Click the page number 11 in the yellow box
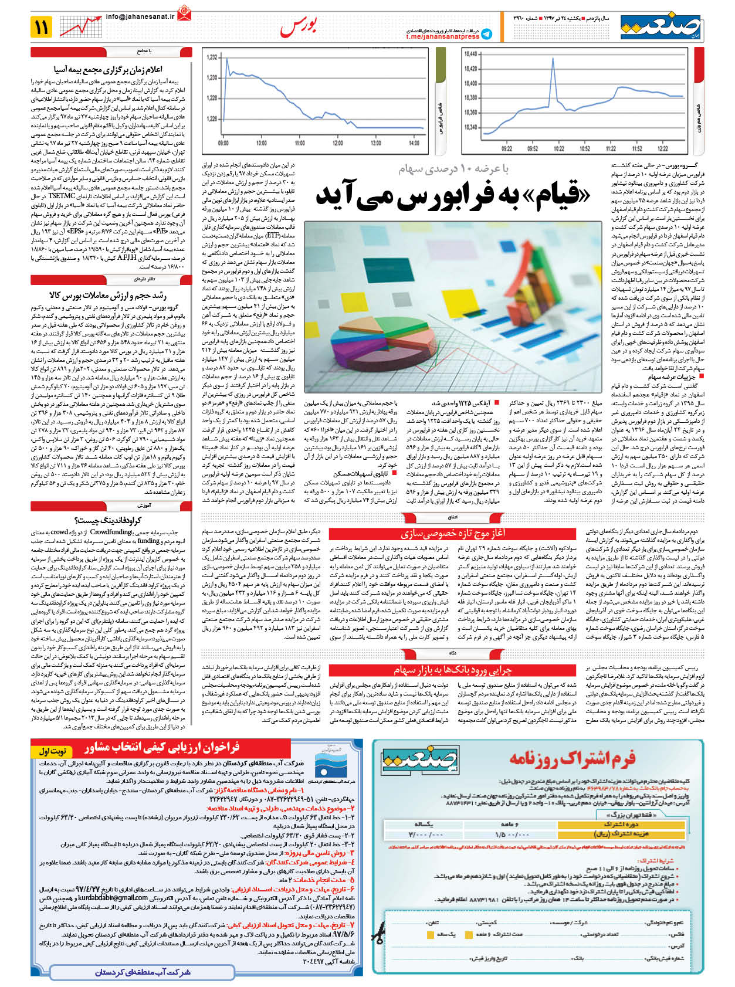pos(42,26)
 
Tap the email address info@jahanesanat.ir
pos(140,17)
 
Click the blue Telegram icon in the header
pos(486,34)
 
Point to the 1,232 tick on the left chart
pos(212,57)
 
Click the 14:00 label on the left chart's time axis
pos(414,143)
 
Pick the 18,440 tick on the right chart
pos(470,54)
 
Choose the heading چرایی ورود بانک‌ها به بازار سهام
pos(452,670)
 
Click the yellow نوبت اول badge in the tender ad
pos(53,751)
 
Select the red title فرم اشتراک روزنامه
pos(572,759)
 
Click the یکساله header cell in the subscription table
pos(425,824)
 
